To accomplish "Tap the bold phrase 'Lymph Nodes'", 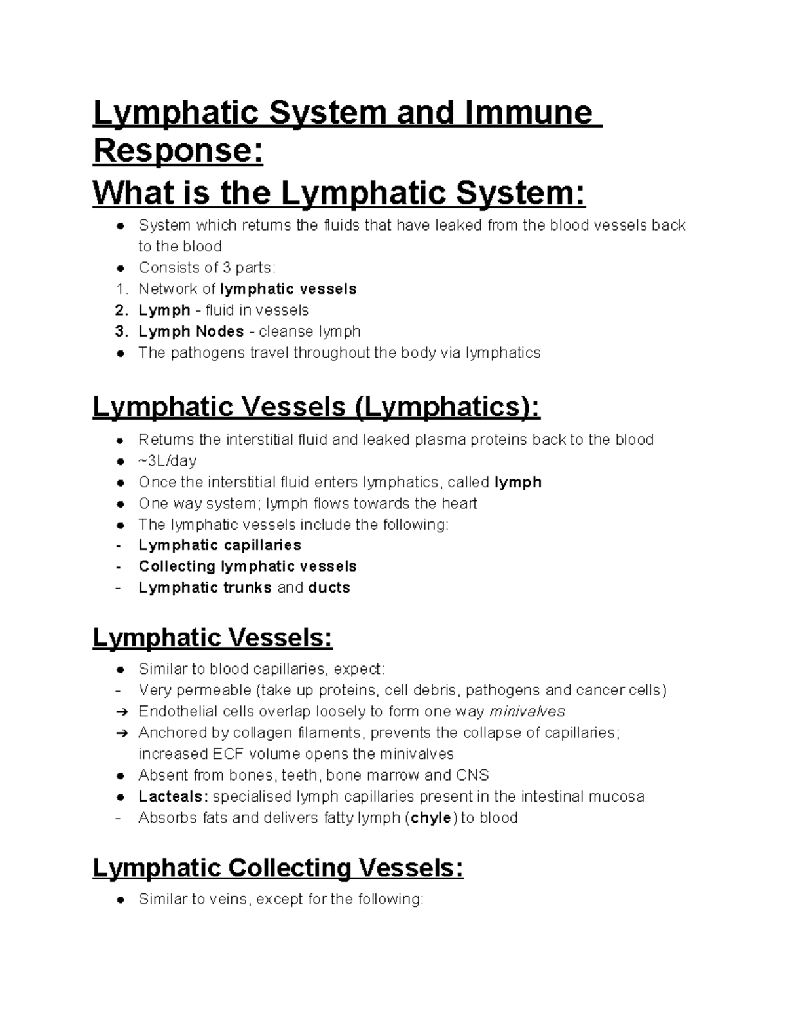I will pos(191,331).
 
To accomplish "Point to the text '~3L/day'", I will pos(167,460).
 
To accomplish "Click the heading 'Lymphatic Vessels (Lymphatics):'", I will pos(316,407).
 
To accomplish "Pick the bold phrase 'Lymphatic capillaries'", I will pos(219,545).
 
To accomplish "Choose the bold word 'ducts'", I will pos(329,587).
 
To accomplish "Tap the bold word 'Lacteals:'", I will pos(173,796).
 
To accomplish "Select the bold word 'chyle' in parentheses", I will pos(431,818).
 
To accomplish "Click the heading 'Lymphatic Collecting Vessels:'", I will pos(278,868).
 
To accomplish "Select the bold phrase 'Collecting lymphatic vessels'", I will pos(247,566).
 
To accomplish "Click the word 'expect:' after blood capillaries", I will pos(360,669).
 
